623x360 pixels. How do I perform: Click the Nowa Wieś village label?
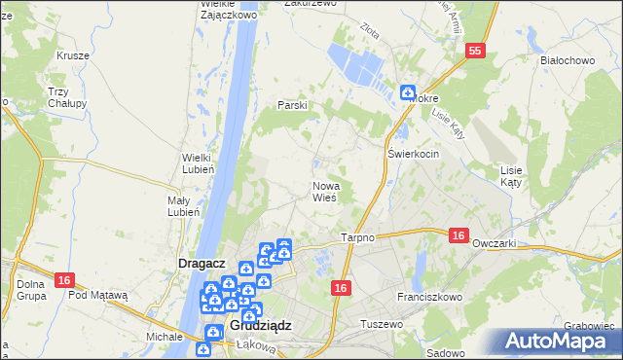[324, 191]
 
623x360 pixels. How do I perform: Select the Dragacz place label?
[202, 263]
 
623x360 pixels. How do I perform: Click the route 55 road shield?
[475, 52]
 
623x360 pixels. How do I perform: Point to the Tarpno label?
[358, 238]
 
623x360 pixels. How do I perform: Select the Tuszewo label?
[382, 323]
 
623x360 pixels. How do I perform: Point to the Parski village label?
[292, 105]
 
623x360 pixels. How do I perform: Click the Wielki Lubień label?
[205, 162]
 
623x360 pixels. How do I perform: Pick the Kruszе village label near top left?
[73, 55]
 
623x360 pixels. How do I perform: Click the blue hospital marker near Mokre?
[408, 92]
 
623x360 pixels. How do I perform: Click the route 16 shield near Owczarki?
[459, 234]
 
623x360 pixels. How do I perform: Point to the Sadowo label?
[445, 353]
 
